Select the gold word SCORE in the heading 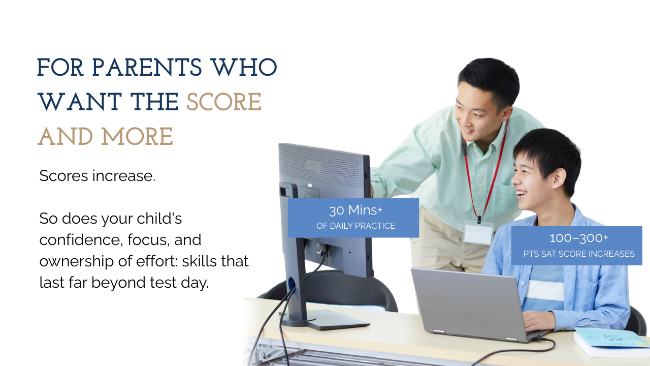(223, 102)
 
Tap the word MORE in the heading (137, 137)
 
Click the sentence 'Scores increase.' (97, 176)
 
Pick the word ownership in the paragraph (73, 261)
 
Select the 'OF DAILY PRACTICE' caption (355, 226)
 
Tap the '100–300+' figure (578, 238)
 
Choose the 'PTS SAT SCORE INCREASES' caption (579, 254)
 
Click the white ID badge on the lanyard (478, 233)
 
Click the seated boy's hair (548, 150)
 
